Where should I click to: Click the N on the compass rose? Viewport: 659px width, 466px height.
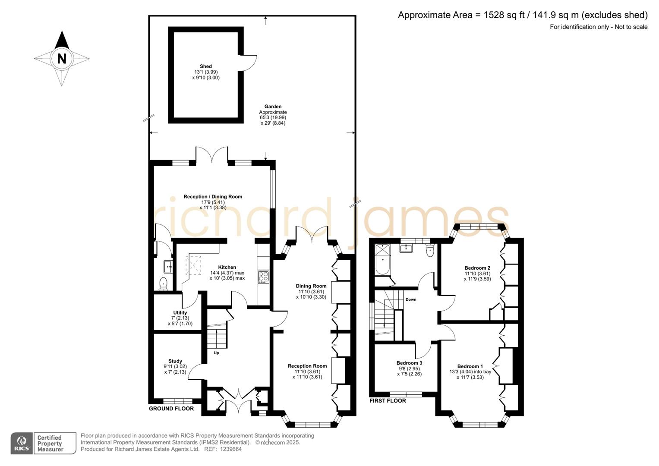62,58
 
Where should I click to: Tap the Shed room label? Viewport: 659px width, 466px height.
206,66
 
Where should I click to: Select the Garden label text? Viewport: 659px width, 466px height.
273,107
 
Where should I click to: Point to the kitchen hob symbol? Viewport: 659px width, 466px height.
263,277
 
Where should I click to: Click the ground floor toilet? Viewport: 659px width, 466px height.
163,283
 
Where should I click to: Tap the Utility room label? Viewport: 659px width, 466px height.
180,313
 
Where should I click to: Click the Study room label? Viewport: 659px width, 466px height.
175,361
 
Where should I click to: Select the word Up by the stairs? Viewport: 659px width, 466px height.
216,353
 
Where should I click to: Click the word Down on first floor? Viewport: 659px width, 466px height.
411,299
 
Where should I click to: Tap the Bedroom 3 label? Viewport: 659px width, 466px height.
409,363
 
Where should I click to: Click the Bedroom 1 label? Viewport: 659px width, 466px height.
470,366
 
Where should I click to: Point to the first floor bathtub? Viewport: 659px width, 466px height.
382,260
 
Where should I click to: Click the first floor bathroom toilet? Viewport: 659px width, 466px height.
430,251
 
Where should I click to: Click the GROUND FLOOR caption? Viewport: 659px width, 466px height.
171,409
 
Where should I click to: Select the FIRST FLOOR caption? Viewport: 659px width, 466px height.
388,401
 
